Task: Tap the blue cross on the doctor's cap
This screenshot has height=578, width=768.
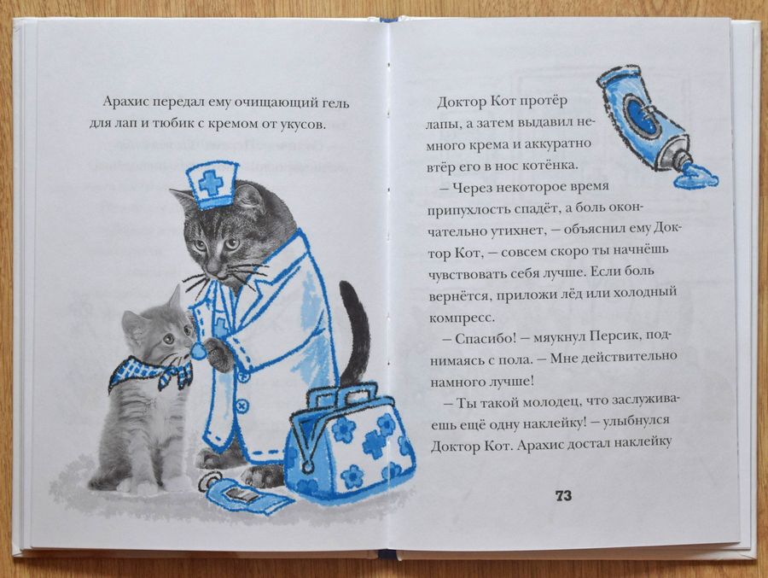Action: [210, 181]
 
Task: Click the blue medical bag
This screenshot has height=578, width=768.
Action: [349, 449]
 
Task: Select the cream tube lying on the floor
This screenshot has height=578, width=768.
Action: [247, 494]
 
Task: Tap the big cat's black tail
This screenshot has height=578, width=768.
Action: [354, 333]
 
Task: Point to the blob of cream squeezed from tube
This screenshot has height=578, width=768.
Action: [695, 177]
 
